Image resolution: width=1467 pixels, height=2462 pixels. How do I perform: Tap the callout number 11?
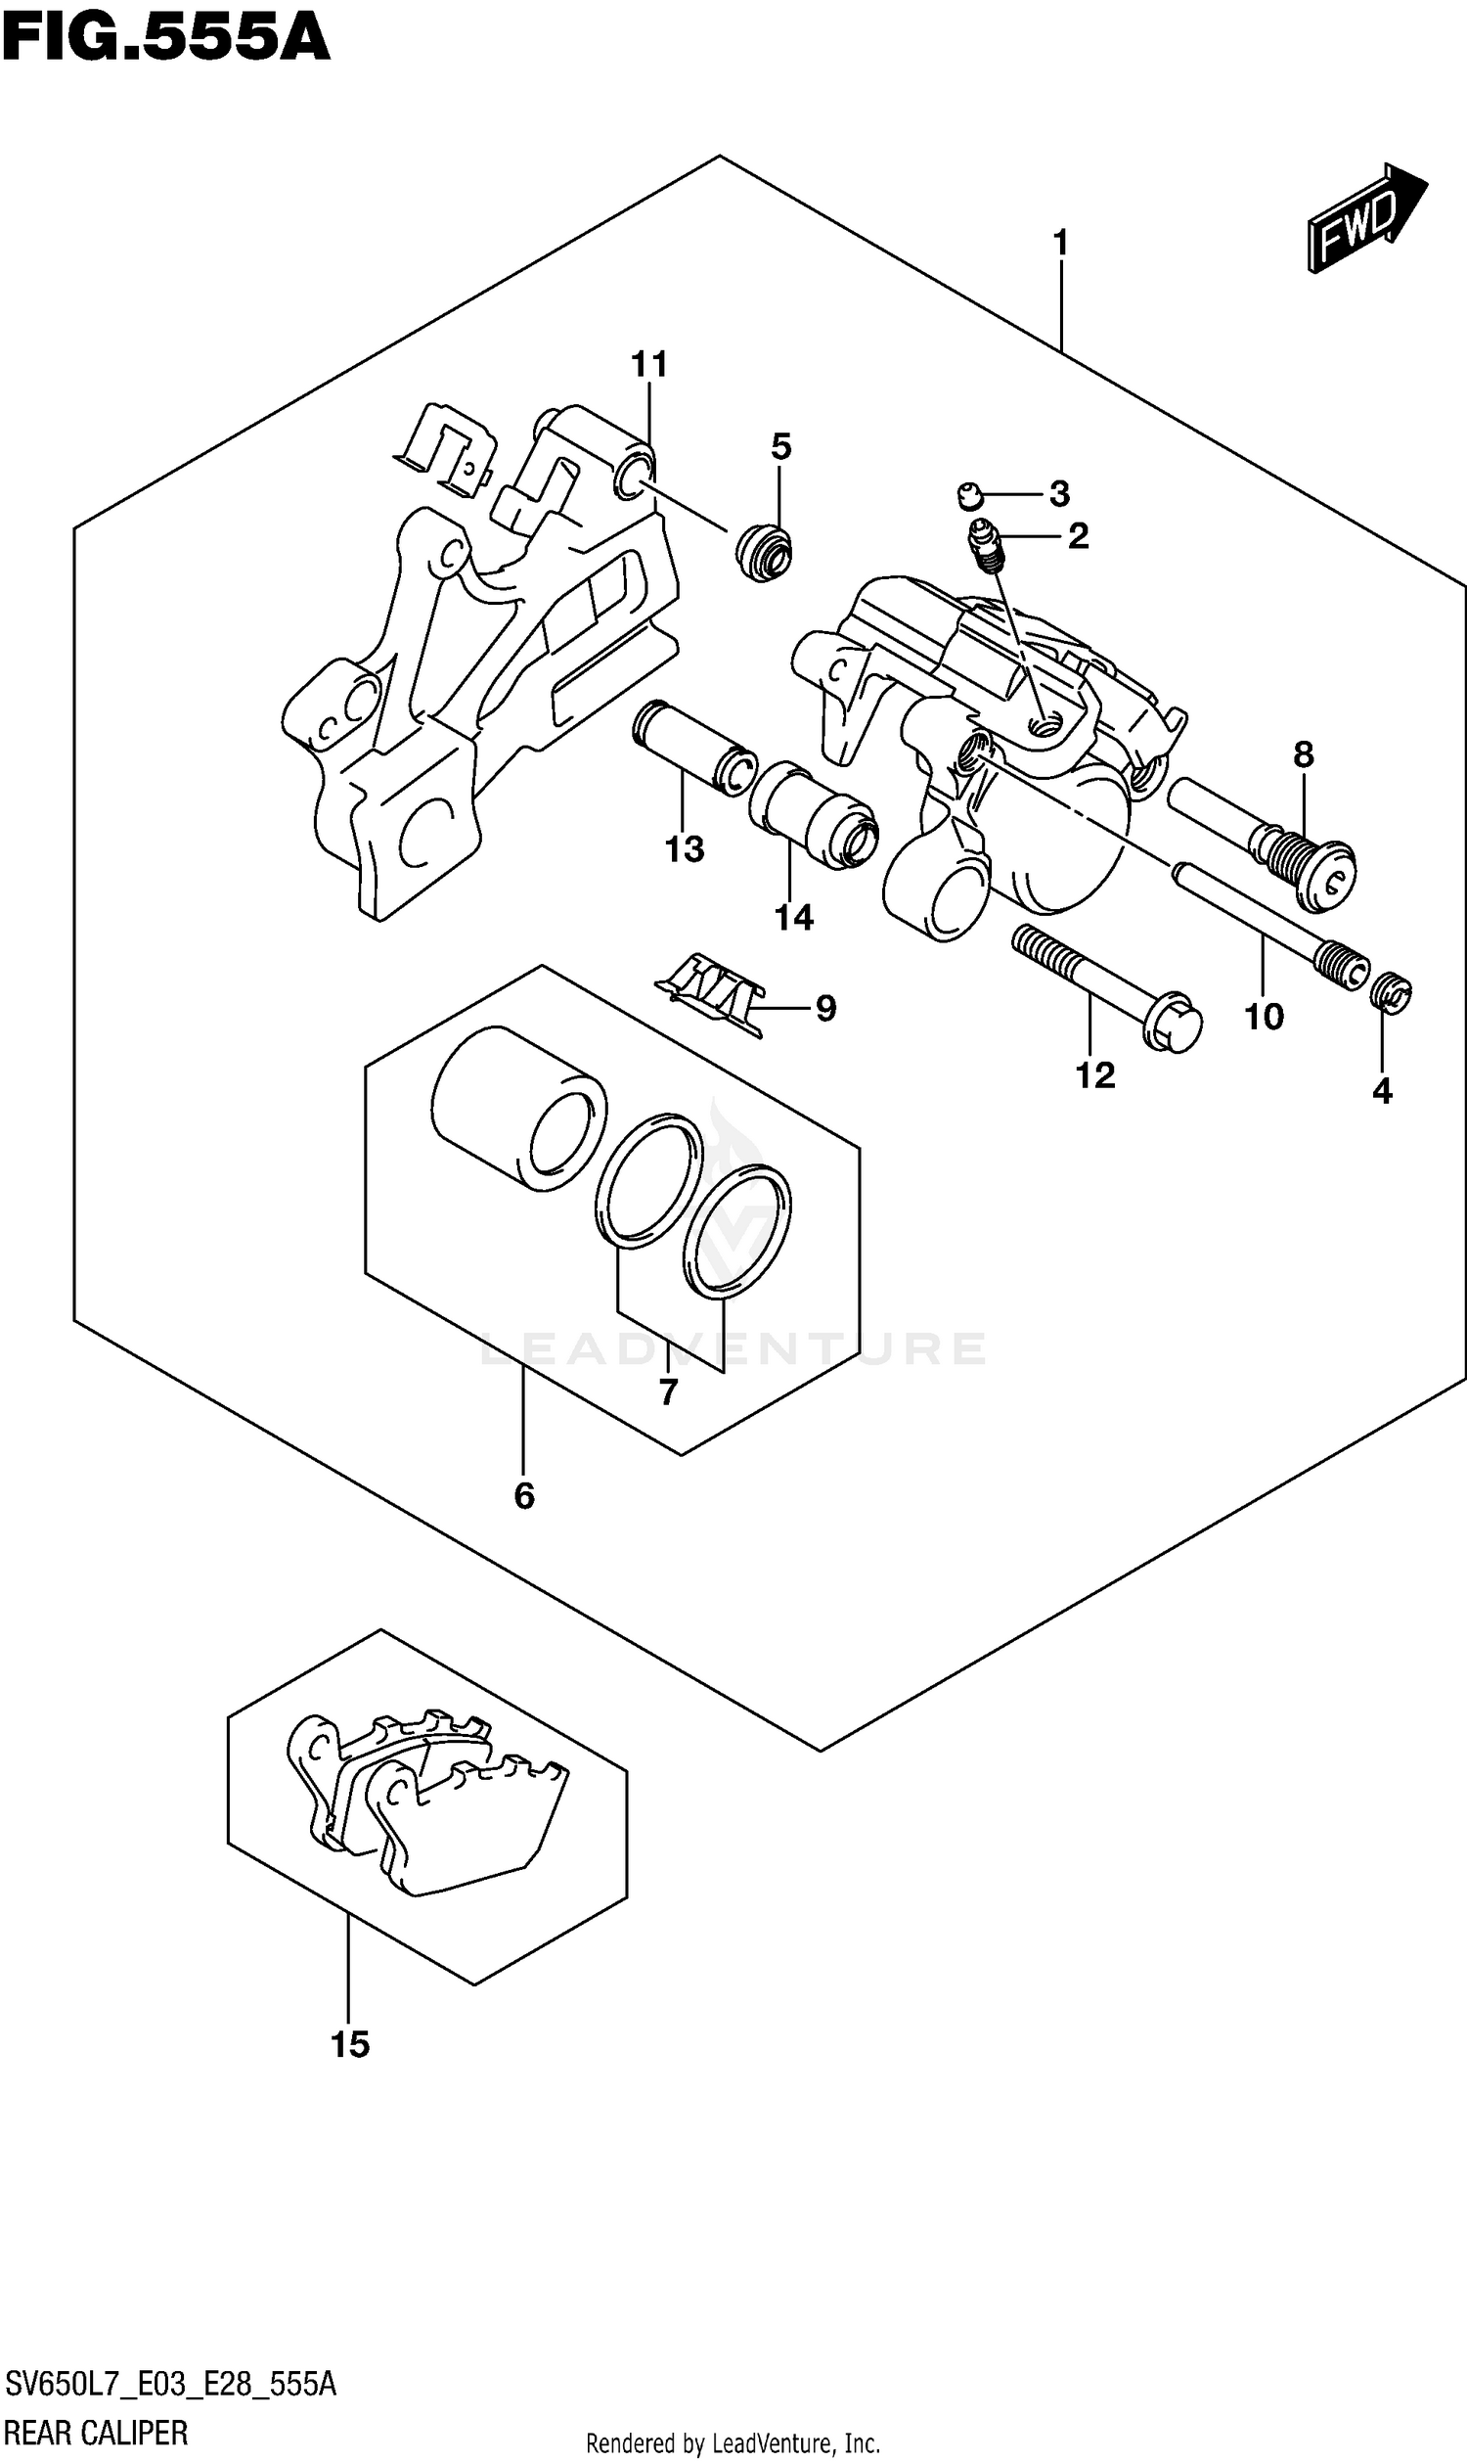649,365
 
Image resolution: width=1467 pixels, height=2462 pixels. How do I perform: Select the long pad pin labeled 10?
1266,920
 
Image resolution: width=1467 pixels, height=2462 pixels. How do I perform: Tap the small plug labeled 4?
1392,992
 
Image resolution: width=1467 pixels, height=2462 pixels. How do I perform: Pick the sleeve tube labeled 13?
693,747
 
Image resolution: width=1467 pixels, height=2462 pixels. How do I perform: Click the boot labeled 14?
813,816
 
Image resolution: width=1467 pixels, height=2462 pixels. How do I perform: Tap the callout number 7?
668,1393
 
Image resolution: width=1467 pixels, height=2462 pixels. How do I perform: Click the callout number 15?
350,2045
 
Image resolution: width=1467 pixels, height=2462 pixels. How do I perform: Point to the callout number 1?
1061,242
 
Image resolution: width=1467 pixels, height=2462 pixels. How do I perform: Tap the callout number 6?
524,1496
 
